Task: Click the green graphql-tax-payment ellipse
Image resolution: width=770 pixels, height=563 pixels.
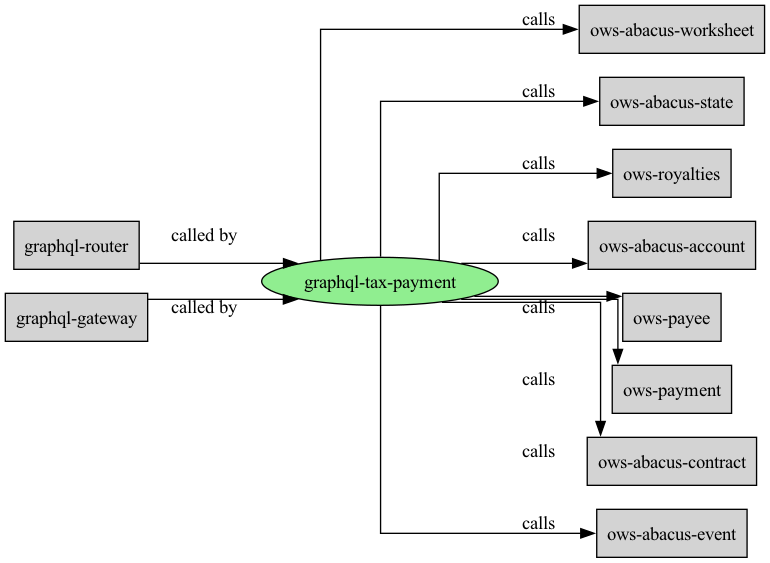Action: click(x=380, y=282)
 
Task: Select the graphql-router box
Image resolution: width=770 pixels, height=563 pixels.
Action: click(x=77, y=245)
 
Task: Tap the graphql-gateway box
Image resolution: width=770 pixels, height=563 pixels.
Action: click(x=77, y=317)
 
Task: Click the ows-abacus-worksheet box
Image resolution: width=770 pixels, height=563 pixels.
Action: click(x=671, y=29)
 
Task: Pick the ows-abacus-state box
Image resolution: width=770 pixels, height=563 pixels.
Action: click(x=671, y=101)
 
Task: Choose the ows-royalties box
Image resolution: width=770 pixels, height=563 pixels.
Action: click(x=671, y=173)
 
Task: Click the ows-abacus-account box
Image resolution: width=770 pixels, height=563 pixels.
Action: click(x=671, y=245)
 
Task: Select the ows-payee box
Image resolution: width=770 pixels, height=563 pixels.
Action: click(x=671, y=317)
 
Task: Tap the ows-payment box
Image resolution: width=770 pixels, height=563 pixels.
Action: click(x=671, y=389)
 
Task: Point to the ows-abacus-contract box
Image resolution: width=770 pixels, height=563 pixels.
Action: click(x=671, y=461)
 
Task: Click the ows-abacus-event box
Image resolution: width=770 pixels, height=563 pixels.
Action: click(x=671, y=533)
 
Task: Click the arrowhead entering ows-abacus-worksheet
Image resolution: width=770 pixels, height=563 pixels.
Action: click(x=571, y=29)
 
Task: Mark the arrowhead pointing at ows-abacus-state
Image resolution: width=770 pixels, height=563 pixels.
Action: click(x=591, y=102)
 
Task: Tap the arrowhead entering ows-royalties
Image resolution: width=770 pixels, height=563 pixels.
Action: click(x=604, y=173)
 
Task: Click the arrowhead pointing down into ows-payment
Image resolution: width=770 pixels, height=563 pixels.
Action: click(x=618, y=357)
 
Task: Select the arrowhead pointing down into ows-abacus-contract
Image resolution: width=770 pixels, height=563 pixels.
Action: click(x=600, y=429)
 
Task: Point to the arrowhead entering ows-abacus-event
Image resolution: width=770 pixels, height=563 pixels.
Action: click(x=588, y=533)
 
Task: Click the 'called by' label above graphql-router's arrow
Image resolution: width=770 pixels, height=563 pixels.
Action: click(x=204, y=236)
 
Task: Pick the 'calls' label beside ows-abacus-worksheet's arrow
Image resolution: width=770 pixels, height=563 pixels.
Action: click(x=538, y=20)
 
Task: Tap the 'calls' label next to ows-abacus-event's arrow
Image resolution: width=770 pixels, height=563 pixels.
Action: click(x=538, y=523)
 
